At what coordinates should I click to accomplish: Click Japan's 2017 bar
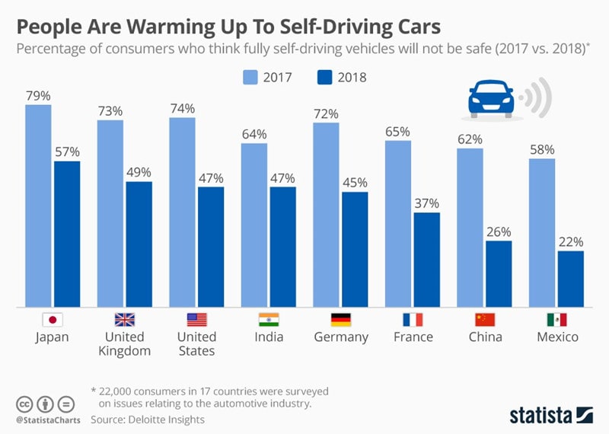point(38,206)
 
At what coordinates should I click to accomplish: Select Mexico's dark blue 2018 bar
point(570,279)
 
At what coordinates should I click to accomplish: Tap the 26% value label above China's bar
point(499,231)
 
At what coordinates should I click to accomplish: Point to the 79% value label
point(38,96)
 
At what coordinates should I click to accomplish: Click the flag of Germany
point(340,320)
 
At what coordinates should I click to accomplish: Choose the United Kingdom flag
point(124,320)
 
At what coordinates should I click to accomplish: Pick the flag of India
point(269,320)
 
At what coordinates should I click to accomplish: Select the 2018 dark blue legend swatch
point(324,77)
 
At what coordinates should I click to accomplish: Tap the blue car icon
point(487,99)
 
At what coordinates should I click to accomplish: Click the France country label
point(413,337)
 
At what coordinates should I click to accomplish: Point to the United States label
point(196,344)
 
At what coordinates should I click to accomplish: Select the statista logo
point(551,414)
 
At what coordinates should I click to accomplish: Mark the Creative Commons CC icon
point(25,404)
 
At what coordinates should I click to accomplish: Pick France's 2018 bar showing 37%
point(426,260)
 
